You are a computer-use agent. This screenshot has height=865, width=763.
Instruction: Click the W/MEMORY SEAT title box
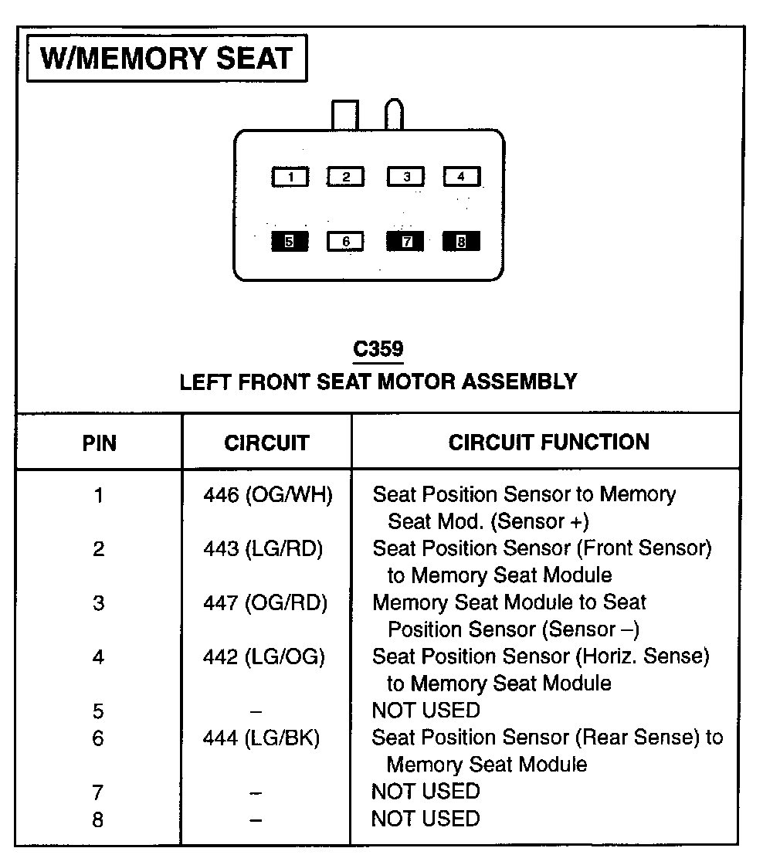pos(166,59)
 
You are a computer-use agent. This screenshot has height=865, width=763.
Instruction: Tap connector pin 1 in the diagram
pos(290,177)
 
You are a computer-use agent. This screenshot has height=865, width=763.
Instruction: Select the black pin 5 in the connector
pos(290,242)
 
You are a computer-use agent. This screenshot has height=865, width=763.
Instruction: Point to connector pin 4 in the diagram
pos(461,177)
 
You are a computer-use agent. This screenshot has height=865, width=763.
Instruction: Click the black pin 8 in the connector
pos(461,242)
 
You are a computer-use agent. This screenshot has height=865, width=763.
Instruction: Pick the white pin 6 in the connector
pos(346,242)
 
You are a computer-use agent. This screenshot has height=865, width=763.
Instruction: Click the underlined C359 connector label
pos(378,350)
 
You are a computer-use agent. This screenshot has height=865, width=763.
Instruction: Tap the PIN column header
pos(100,443)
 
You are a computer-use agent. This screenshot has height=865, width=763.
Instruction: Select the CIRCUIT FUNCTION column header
pos(548,443)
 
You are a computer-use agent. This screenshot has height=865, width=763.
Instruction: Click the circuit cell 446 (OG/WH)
pos(267,495)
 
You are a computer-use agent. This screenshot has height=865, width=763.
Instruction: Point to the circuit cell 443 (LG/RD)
pos(263,549)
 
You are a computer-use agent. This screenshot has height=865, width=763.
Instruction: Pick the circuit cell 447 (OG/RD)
pos(265,603)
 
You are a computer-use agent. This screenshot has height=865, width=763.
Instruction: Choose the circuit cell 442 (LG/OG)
pos(263,657)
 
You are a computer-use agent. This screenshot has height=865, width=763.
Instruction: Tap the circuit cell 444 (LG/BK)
pos(261,739)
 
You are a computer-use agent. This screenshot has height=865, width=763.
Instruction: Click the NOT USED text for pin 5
pos(426,711)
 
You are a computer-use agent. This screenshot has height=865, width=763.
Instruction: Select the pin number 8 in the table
pos(98,819)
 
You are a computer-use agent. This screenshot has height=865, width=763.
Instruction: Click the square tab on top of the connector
pos(344,116)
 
